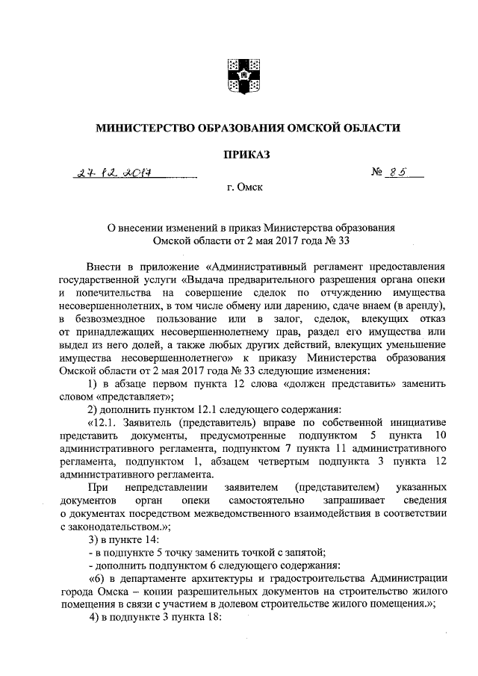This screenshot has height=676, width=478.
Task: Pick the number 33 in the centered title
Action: click(x=343, y=241)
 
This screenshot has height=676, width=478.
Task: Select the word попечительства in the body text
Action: click(x=104, y=294)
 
